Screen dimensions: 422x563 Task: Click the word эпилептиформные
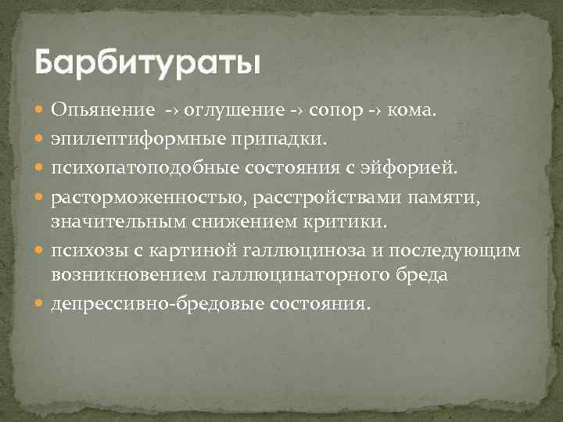click(x=132, y=139)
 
